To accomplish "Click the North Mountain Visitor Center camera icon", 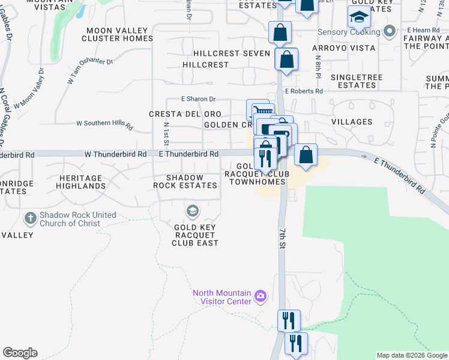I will click(260, 295).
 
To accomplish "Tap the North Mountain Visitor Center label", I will click(221, 297).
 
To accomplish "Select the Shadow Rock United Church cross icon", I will click(31, 217).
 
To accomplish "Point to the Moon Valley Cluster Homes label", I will click(119, 34).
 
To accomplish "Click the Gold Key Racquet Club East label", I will click(195, 235).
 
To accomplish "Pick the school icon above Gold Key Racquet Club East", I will click(193, 210).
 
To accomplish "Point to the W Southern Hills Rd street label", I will click(104, 124).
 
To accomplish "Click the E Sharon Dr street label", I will click(198, 99).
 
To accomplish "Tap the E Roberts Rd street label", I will click(304, 91).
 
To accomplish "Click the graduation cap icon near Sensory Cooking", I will click(358, 17).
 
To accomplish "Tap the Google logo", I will click(20, 353).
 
